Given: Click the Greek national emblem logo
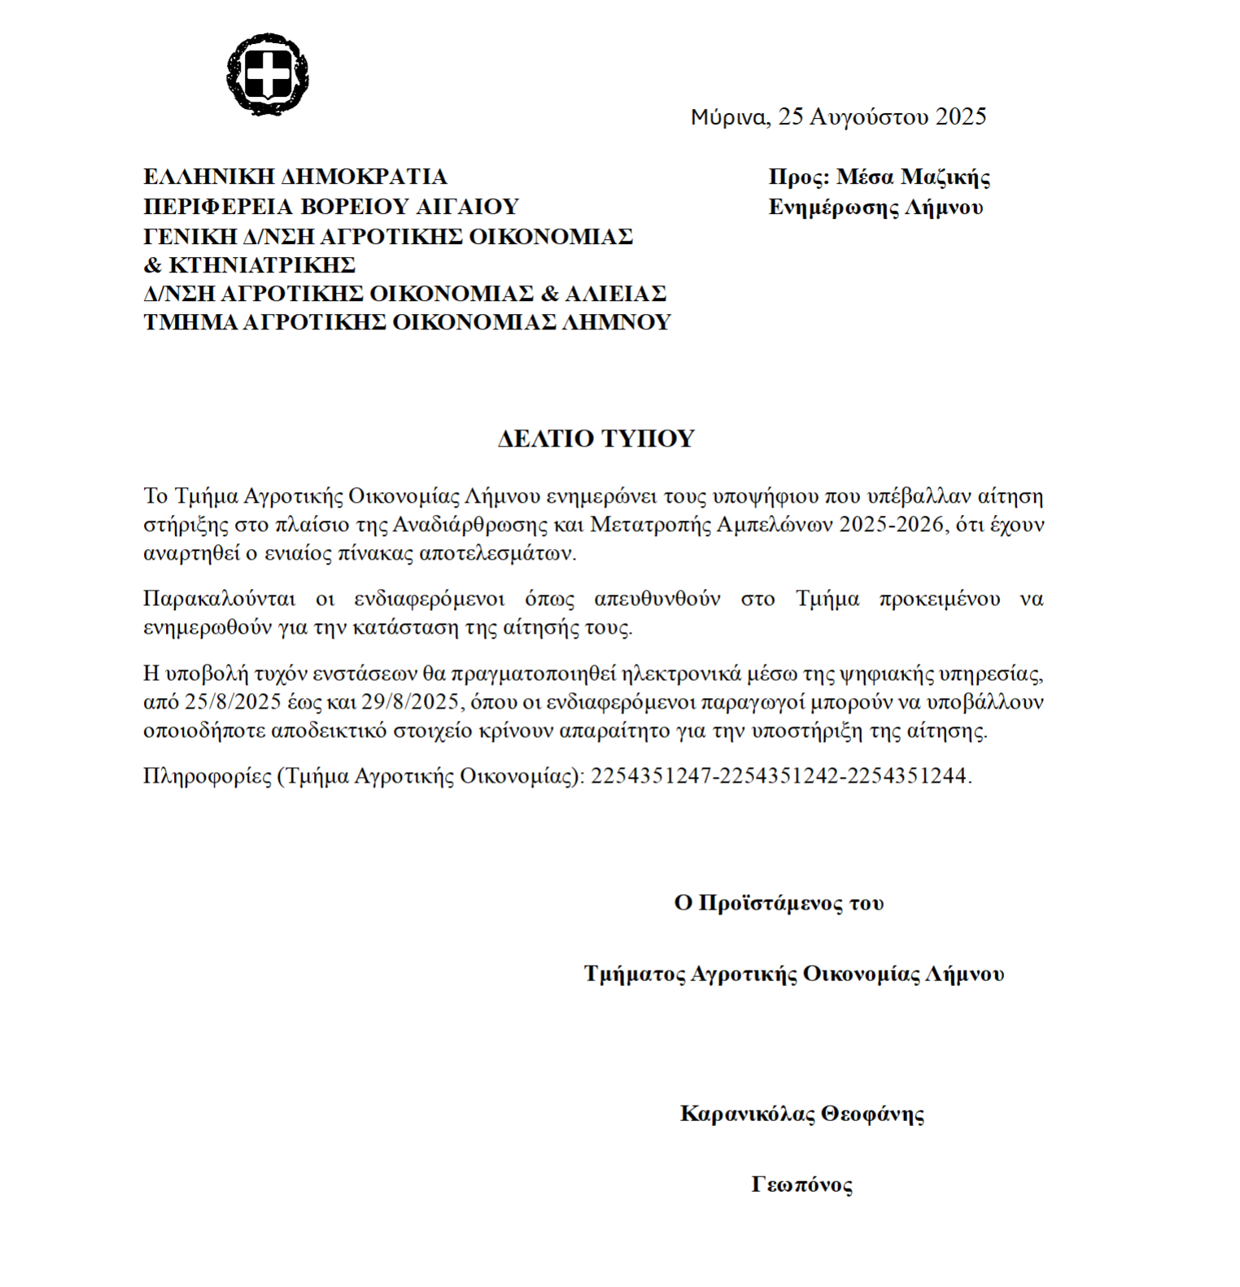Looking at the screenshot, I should pos(268,74).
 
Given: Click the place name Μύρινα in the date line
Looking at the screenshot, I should pos(728,117).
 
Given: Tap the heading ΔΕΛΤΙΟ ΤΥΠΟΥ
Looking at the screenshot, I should pos(596,438).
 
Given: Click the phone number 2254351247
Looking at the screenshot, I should pos(652,776).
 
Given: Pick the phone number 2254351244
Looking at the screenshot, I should pos(906,776).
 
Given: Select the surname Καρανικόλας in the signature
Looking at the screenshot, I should pos(747,1113).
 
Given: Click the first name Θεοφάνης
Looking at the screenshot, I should pos(872,1113).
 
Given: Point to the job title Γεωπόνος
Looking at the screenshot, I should pos(801,1184).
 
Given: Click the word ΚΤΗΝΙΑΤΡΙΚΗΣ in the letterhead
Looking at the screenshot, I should pos(262,265).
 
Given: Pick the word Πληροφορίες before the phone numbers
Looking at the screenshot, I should pos(207,776).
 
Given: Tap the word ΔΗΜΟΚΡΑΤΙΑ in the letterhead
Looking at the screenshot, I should pos(364,177).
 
